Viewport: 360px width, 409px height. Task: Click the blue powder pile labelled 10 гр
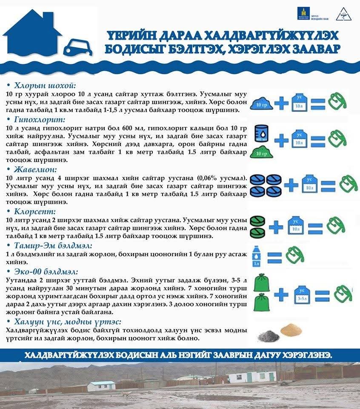(x=263, y=103)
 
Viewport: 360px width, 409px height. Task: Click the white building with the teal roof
(x=101, y=386)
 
